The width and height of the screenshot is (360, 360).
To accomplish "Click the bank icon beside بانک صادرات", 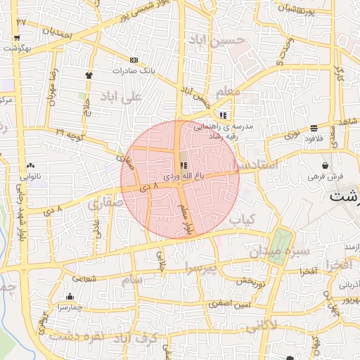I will point(134,60).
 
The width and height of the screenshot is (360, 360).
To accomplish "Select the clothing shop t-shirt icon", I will point(89,75).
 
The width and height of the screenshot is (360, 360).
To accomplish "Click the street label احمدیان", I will point(57,31).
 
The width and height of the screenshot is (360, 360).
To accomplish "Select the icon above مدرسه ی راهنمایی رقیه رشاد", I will point(223,115).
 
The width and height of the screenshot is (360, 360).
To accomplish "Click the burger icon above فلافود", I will point(313,128).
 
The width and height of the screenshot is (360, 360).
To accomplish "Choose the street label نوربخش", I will point(249,281).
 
